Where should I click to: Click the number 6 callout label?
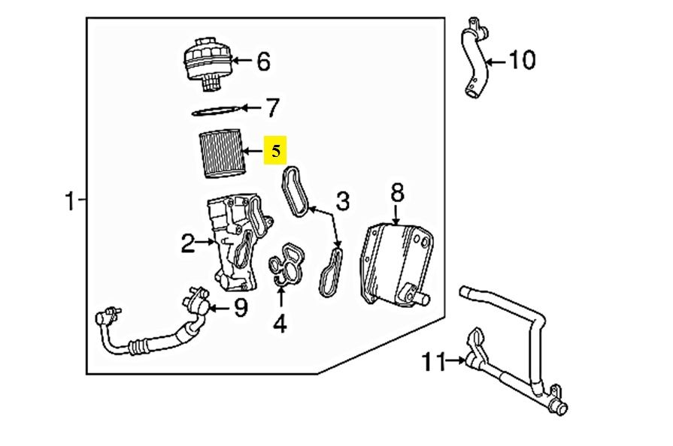tap(262, 62)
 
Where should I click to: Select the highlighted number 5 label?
tap(275, 152)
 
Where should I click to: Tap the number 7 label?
tap(271, 108)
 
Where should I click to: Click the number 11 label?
tap(435, 363)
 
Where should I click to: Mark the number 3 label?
tap(342, 201)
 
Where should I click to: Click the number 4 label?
tap(280, 324)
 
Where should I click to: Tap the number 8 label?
tap(396, 193)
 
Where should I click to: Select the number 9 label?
tap(239, 308)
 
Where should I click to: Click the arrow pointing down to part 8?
tap(396, 216)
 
